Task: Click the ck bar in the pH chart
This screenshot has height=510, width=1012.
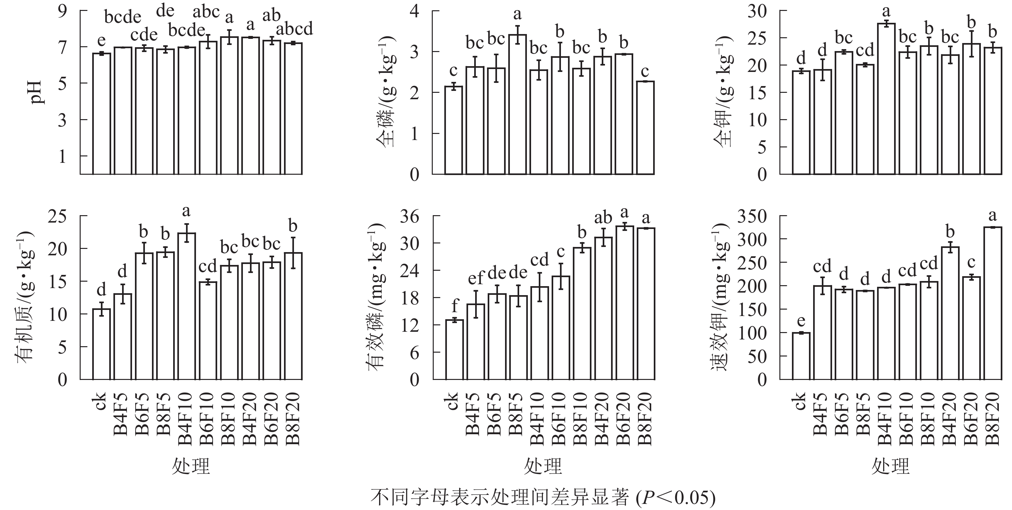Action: coord(101,114)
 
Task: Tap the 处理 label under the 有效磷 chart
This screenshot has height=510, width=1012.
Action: coord(543,466)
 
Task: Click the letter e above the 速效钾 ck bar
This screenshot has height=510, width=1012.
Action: coord(801,321)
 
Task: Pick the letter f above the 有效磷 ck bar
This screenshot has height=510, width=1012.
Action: coord(455,305)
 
